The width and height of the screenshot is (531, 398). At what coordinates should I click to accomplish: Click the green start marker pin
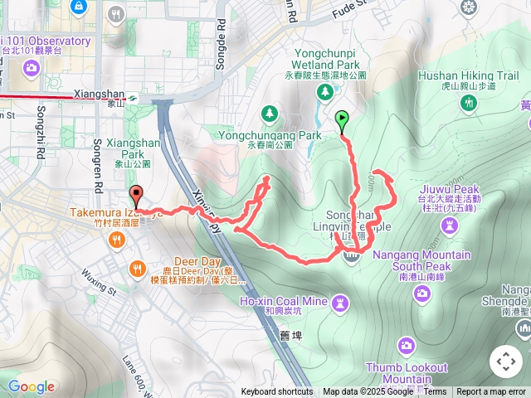pyautogui.click(x=342, y=121)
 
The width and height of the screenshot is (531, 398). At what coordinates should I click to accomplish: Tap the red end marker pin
pyautogui.click(x=136, y=197)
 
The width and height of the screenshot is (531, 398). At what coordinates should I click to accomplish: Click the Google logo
pyautogui.click(x=31, y=386)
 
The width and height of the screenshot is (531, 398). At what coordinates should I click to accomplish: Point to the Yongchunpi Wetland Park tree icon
pyautogui.click(x=324, y=92)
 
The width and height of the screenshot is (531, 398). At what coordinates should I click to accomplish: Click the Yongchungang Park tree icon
pyautogui.click(x=269, y=113)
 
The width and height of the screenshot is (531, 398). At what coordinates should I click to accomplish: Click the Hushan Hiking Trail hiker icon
pyautogui.click(x=470, y=102)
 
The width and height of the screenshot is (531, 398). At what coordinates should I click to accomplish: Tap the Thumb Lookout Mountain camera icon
pyautogui.click(x=406, y=345)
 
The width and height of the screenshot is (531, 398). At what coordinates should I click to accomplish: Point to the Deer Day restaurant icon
pyautogui.click(x=137, y=268)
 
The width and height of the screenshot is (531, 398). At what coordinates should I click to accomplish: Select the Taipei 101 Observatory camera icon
pyautogui.click(x=30, y=67)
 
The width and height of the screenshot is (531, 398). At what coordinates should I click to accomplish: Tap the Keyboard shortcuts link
pyautogui.click(x=277, y=392)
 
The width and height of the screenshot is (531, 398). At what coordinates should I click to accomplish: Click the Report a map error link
pyautogui.click(x=491, y=392)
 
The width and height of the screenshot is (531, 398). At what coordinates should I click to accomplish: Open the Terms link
pyautogui.click(x=435, y=392)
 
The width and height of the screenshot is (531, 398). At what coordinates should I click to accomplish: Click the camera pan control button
pyautogui.click(x=506, y=362)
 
